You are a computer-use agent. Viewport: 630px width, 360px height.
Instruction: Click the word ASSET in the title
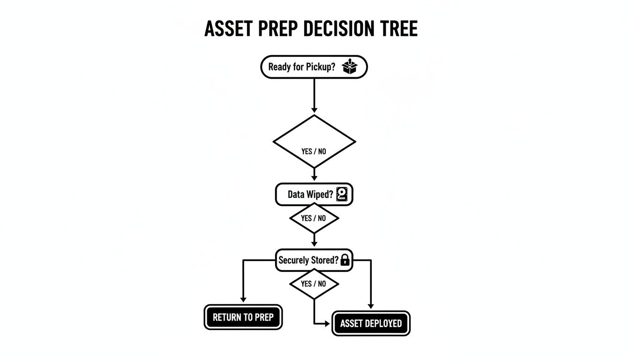point(228,29)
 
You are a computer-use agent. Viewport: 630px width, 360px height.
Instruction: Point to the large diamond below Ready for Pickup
point(314,141)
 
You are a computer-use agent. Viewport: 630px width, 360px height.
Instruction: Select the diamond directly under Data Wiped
point(314,218)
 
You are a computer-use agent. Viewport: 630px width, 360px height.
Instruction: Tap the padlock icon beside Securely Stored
point(345,260)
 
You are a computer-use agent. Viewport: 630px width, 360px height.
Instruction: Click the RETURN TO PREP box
point(243,317)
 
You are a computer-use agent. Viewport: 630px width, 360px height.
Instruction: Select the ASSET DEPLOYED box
point(371,323)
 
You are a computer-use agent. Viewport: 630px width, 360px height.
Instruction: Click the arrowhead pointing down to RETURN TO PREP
point(243,299)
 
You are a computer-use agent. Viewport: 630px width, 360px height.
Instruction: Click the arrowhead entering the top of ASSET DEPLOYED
point(371,306)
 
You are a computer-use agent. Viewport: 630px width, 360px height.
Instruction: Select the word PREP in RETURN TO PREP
point(264,317)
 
